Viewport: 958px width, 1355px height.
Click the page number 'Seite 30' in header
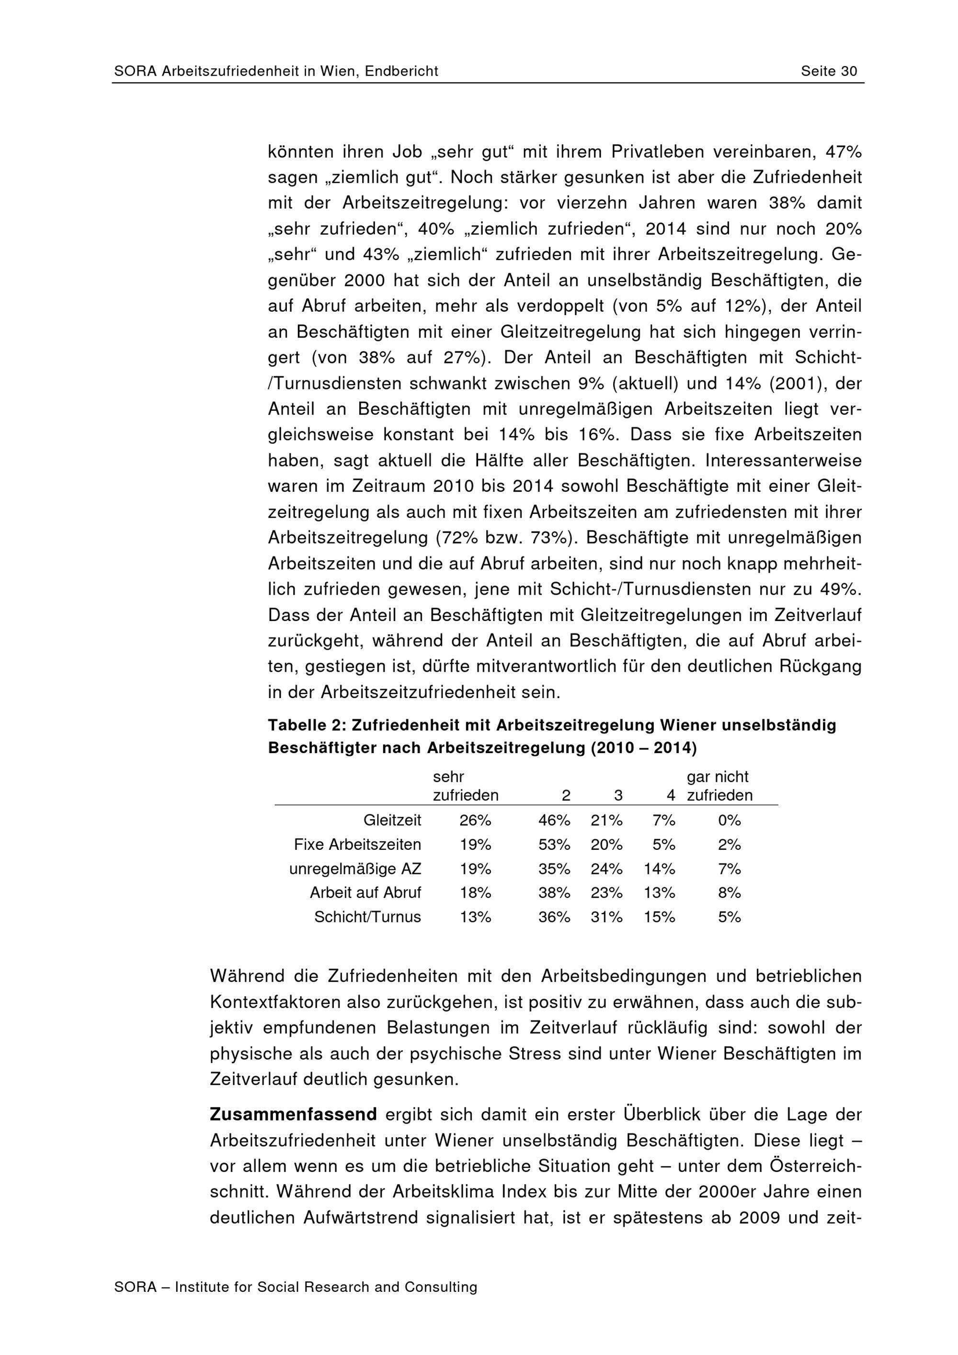tap(829, 71)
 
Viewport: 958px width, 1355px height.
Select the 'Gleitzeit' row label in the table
tap(392, 820)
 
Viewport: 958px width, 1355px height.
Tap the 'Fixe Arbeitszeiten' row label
tap(357, 845)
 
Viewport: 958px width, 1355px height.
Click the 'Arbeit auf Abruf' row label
tap(365, 892)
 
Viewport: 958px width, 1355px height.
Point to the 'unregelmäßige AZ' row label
tap(355, 869)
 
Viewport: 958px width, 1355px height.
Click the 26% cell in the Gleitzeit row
tap(475, 820)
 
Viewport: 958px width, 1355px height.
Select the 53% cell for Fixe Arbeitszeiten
tap(554, 845)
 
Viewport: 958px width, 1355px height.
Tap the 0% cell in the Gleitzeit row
tap(729, 820)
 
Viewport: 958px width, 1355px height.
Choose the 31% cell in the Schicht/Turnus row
tap(606, 916)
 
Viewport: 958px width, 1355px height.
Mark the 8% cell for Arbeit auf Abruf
tap(729, 892)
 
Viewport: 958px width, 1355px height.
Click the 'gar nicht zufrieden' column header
tap(719, 786)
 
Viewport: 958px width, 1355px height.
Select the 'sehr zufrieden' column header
tap(465, 786)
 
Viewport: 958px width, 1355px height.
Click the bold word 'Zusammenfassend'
tap(293, 1115)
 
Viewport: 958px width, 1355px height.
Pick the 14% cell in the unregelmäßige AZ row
tap(659, 869)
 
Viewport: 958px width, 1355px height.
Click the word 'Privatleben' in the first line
tap(658, 152)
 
